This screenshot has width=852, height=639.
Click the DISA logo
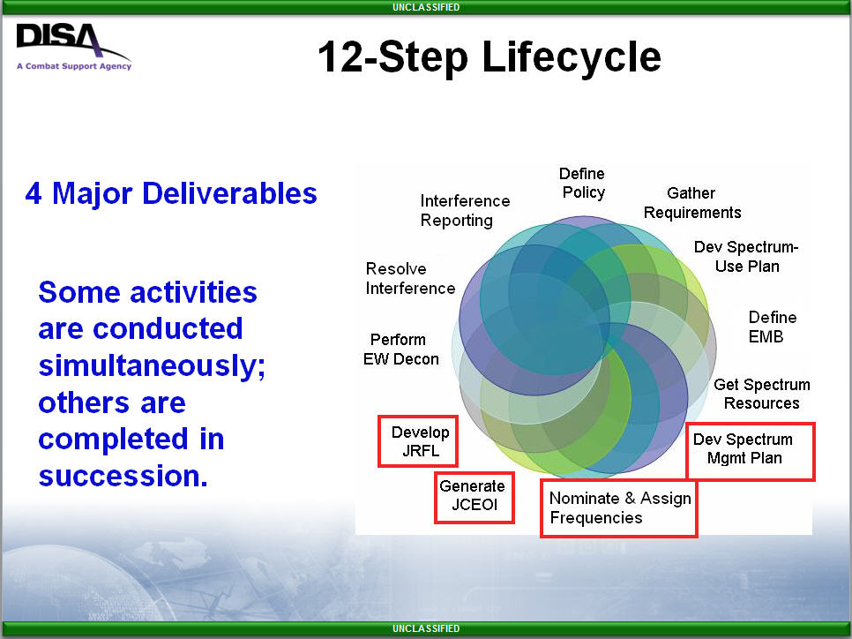point(73,46)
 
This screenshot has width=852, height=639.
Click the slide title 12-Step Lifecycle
point(489,56)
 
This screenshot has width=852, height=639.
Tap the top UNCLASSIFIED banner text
point(426,7)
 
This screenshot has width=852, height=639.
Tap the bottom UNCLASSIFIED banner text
point(426,628)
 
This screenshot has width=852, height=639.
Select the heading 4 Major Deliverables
point(170,193)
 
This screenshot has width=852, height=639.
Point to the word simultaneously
point(152,365)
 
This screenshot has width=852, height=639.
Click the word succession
point(123,476)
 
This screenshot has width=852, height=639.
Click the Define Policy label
point(582,183)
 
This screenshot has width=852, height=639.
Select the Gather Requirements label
point(692,202)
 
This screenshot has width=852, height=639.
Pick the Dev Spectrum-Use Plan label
point(746,256)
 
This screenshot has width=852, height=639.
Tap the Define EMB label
point(772,327)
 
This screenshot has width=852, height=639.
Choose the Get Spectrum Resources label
point(762,394)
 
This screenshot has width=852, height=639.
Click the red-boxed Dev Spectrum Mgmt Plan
point(751,451)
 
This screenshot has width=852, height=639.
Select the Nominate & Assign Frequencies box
point(619,508)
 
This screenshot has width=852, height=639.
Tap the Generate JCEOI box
point(475,498)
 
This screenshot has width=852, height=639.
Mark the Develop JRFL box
point(418,441)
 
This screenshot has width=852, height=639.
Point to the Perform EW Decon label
point(401,350)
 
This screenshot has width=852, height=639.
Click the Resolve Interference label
point(410,278)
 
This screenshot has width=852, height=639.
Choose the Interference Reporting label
point(465,210)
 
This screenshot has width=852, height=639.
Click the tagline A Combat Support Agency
point(74,66)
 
